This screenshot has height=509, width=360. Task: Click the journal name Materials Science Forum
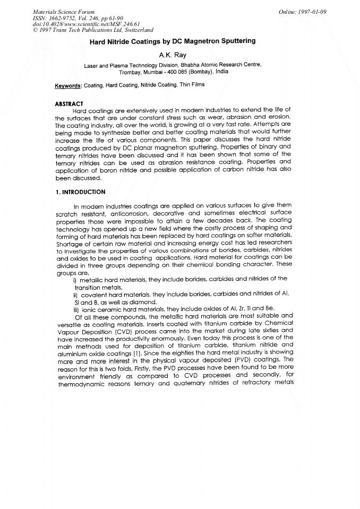point(57,11)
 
